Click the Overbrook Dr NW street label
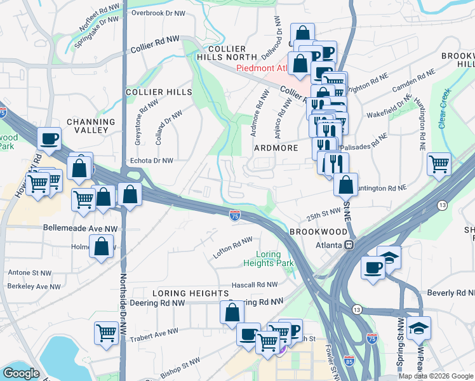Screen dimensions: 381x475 tap(158, 13)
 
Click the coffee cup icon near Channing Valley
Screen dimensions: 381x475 tap(49, 138)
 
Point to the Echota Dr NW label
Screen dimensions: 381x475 tap(152, 161)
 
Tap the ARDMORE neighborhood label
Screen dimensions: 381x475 tap(276, 148)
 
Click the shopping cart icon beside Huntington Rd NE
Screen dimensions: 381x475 tap(439, 164)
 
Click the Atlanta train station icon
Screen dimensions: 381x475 tap(348, 245)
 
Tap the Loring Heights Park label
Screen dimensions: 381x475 tap(269, 258)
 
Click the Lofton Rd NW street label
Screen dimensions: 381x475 tap(232, 247)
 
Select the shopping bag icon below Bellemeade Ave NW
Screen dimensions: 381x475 tap(102, 245)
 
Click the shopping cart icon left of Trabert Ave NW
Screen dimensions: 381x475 tap(106, 332)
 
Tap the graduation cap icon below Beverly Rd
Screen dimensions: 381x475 tap(418, 328)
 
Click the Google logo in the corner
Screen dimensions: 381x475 tap(21, 373)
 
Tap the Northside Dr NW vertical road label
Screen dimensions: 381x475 tap(124, 305)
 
